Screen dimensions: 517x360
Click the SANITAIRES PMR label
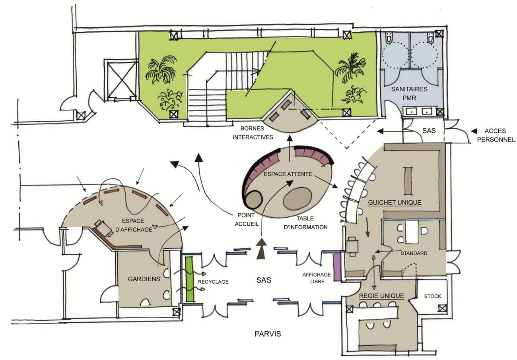point(409,93)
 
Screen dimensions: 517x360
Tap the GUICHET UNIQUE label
point(395,203)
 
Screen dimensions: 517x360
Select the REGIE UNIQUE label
point(381,296)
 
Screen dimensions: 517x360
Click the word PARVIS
point(268,334)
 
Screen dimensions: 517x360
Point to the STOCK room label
point(433,296)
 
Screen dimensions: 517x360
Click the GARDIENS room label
point(144,279)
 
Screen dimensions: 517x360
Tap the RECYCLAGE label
point(213,282)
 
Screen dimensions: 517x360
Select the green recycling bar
point(189,279)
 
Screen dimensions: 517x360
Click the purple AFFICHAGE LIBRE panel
point(337,267)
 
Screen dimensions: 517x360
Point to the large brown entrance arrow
point(262,249)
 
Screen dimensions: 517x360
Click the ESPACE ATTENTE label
point(288,174)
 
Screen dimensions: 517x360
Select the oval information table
point(297,198)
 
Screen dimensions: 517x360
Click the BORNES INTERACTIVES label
point(253,133)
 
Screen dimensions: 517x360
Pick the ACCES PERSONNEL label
point(496,135)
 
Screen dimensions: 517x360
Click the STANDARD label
point(414,253)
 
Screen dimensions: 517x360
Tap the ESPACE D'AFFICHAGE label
point(134,225)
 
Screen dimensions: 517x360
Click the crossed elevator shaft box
point(121,80)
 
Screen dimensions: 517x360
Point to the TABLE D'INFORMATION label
point(305,223)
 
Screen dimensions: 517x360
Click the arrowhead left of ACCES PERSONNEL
point(474,131)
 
